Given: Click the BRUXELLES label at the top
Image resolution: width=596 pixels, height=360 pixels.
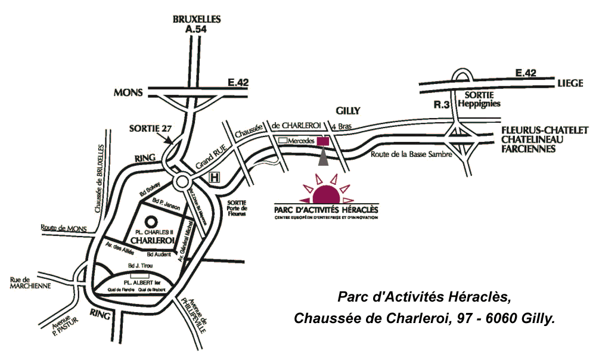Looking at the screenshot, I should coord(197,19).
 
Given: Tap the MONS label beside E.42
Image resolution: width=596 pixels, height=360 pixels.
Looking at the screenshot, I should coord(128,92).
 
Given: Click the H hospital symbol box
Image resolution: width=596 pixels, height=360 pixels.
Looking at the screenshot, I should coord(214,178).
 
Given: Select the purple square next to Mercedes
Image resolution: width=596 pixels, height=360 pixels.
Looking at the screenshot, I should coord(322,141).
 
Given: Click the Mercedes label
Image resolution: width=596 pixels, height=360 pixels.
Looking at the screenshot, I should coord(300,141).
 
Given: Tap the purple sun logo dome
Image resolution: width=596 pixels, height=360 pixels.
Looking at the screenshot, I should coord(325,195).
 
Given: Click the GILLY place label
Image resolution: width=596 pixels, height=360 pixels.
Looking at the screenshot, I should coord(349,111).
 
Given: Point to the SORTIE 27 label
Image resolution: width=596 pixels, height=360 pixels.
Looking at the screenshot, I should coord(150,128).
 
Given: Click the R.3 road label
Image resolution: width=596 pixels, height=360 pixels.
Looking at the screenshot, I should coord(440,105).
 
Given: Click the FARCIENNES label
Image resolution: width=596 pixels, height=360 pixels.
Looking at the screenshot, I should coord(528,149).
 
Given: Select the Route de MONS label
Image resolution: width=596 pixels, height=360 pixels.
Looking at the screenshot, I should coord(64,228).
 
